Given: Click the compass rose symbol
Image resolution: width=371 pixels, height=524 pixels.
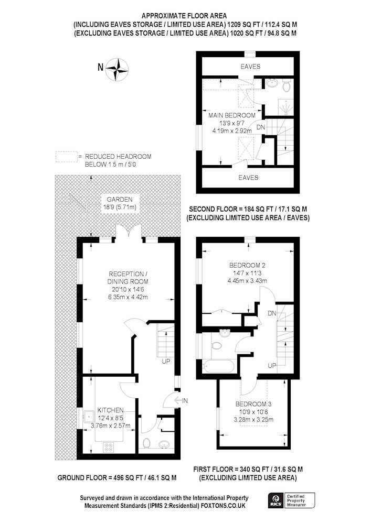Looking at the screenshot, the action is pos(117,70).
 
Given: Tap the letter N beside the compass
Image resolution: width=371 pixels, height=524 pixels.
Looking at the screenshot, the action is pos(100,68).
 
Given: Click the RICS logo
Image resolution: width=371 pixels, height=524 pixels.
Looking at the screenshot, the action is pos(277,500).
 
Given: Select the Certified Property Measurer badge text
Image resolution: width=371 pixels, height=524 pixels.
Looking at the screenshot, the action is pos(296,500).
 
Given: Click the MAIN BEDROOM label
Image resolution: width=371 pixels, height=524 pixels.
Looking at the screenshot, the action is pos(232,115).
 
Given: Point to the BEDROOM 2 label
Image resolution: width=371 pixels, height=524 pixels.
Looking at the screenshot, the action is pos(247,265).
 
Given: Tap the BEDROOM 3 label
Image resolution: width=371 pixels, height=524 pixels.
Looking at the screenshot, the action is pos(253,404).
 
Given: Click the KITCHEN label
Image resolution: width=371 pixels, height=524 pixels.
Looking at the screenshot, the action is pos(110,410).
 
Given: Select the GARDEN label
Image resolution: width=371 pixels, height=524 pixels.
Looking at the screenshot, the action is pos(120,200).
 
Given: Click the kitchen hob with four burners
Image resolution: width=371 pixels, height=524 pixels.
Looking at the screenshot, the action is pos(109,447).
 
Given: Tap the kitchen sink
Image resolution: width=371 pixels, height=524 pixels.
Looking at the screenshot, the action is pos(89,417).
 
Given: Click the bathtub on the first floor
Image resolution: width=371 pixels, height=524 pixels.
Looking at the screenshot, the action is pos(219,367).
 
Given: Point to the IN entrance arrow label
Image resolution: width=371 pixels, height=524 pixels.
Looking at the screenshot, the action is pos(182,400).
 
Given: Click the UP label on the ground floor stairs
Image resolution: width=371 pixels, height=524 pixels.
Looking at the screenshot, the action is pos(166,361).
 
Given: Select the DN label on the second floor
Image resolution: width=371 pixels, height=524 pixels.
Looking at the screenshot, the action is pos(261,127).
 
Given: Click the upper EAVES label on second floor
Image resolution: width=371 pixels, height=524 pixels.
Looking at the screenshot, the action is pos(250,67).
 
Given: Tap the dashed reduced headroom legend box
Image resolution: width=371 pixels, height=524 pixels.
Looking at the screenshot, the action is pos(66,157).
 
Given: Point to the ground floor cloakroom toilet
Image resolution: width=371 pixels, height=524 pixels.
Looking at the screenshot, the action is pos(146,443).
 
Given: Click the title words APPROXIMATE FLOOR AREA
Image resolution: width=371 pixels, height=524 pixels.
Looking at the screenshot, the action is pos(184,16).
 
